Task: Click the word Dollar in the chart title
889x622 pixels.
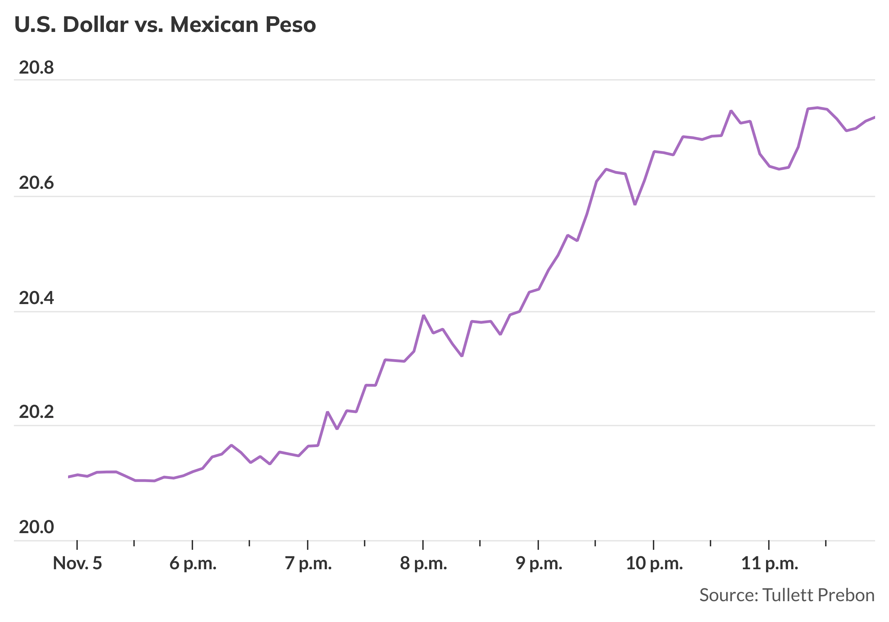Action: pyautogui.click(x=95, y=25)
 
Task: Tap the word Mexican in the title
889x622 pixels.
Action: pyautogui.click(x=214, y=25)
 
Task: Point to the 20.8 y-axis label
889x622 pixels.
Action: pyautogui.click(x=36, y=68)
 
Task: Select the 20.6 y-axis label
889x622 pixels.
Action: pyautogui.click(x=36, y=183)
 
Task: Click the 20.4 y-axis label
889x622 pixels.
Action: pyautogui.click(x=36, y=298)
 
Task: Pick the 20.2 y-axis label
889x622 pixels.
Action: pyautogui.click(x=36, y=412)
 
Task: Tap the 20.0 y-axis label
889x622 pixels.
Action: pyautogui.click(x=36, y=527)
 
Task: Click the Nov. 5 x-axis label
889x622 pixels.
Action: pyautogui.click(x=77, y=564)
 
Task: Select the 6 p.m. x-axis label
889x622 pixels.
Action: pyautogui.click(x=193, y=564)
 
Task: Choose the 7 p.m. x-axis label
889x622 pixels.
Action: pyautogui.click(x=308, y=564)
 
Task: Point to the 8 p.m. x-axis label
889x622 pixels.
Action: pyautogui.click(x=423, y=564)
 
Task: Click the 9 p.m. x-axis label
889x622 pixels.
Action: pyautogui.click(x=539, y=564)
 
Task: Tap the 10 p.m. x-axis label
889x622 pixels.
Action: pyautogui.click(x=654, y=564)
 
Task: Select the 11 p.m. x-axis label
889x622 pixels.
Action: pyautogui.click(x=770, y=564)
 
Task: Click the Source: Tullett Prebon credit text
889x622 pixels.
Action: pyautogui.click(x=787, y=595)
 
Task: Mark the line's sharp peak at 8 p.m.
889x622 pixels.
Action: pyautogui.click(x=424, y=316)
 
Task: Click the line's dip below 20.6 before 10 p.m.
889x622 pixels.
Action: pyautogui.click(x=635, y=204)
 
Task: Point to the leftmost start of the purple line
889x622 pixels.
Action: pyautogui.click(x=69, y=477)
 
